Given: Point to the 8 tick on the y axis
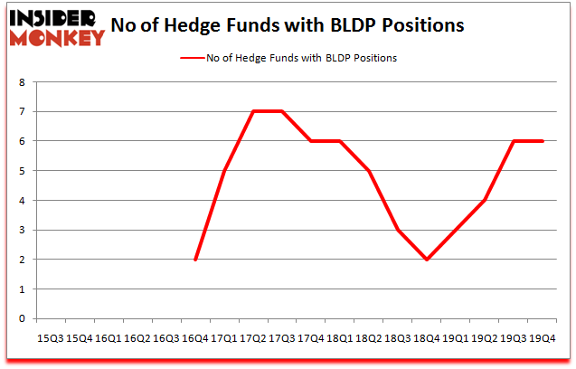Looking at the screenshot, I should [24, 82].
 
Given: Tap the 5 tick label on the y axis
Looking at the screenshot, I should [24, 171].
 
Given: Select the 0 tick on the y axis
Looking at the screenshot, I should [24, 318].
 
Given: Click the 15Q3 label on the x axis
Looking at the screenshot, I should [51, 337].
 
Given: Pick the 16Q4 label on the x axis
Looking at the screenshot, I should [194, 337].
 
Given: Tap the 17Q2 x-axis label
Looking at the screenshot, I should [252, 337].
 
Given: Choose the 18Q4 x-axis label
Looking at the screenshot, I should [427, 337].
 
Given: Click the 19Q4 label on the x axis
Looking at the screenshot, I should [542, 337].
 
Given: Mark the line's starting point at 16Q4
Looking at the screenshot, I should [195, 260].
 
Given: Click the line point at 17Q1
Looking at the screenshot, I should [224, 171].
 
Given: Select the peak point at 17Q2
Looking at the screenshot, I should [253, 112].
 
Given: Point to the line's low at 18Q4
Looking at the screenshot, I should [427, 260].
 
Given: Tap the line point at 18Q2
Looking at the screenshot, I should [369, 171].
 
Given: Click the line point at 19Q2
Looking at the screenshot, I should [485, 200].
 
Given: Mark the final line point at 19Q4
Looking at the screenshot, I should [543, 141].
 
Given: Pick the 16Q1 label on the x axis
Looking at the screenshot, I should [108, 337].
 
